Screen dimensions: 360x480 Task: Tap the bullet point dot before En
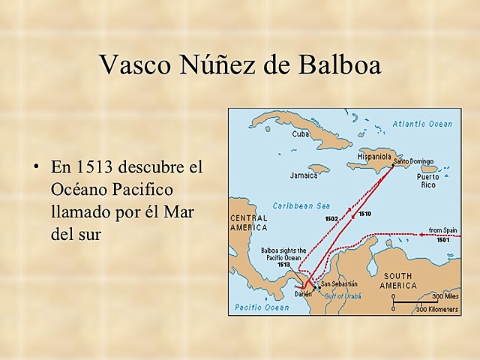35,165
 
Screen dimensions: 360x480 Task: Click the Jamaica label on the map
303,176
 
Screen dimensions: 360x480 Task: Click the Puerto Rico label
428,180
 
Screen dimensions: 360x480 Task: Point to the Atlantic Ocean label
423,124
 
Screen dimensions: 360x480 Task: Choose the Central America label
248,222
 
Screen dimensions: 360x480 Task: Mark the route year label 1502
331,218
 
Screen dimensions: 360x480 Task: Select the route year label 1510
364,214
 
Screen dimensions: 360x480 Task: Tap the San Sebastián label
339,284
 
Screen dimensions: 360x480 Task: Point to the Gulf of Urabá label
342,296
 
